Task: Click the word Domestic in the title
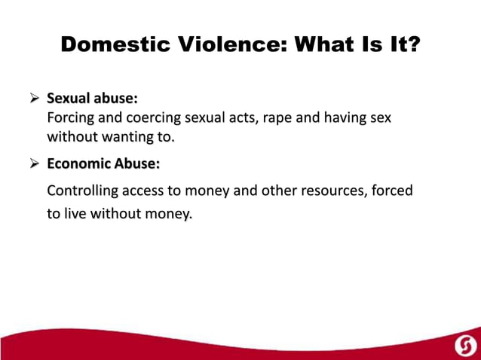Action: pyautogui.click(x=113, y=45)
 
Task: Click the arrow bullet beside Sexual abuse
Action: pyautogui.click(x=34, y=99)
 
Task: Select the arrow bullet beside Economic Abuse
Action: pyautogui.click(x=34, y=163)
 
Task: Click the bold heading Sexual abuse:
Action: pyautogui.click(x=92, y=99)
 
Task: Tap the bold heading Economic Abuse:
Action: pyautogui.click(x=103, y=163)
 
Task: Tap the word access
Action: pyautogui.click(x=156, y=191)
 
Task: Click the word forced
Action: pyautogui.click(x=392, y=191)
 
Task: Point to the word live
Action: pyautogui.click(x=75, y=213)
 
